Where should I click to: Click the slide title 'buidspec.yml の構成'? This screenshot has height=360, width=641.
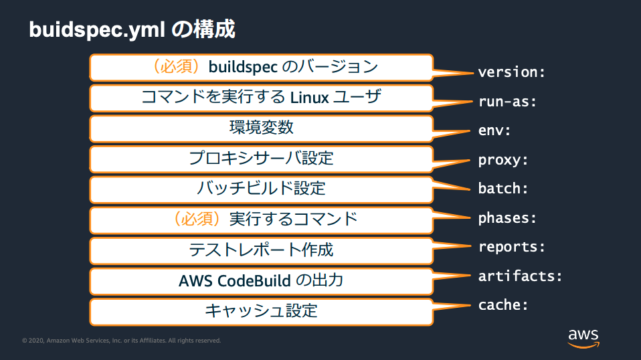pos(132,29)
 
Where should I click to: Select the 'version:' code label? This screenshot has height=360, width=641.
pos(512,72)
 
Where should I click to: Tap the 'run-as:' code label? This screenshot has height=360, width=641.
pos(508,102)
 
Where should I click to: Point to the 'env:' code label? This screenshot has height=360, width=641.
pos(494,130)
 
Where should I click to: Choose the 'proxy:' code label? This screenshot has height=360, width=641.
pos(503,160)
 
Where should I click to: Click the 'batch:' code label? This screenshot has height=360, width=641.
pos(503,189)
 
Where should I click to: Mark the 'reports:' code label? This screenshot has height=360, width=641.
pos(512,247)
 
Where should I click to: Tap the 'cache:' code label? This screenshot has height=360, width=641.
pos(503,305)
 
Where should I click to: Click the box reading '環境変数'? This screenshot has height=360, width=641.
pos(261,128)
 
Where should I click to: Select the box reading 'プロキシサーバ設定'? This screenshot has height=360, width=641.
pos(261,159)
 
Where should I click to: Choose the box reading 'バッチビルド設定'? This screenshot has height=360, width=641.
pos(261,189)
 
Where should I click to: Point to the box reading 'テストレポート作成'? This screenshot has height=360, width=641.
pos(261,250)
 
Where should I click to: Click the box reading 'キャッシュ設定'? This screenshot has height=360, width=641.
pos(261,311)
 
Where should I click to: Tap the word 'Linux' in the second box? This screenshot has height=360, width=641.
pos(309,98)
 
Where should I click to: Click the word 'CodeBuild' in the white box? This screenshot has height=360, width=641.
pos(255,280)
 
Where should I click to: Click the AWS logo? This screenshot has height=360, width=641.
pos(583,337)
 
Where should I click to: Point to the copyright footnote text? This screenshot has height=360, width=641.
pos(121,341)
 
